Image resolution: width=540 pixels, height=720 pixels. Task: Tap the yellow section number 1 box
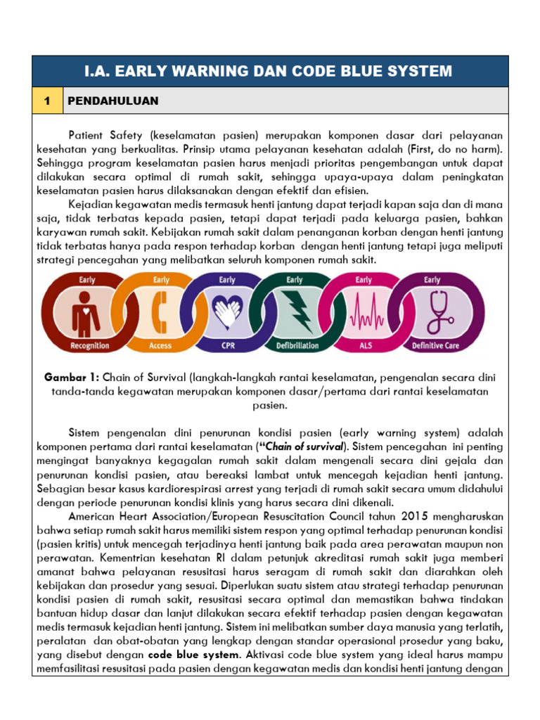point(46,101)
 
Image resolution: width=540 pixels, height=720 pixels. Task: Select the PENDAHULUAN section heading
point(113,101)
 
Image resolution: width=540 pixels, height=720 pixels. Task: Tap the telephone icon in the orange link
point(160,311)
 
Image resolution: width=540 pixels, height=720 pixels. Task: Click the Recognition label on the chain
point(89,345)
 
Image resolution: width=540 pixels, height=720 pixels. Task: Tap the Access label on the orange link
point(160,345)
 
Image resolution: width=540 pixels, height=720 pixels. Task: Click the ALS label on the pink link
point(364,345)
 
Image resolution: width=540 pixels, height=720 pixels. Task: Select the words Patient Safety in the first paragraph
point(103,134)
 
